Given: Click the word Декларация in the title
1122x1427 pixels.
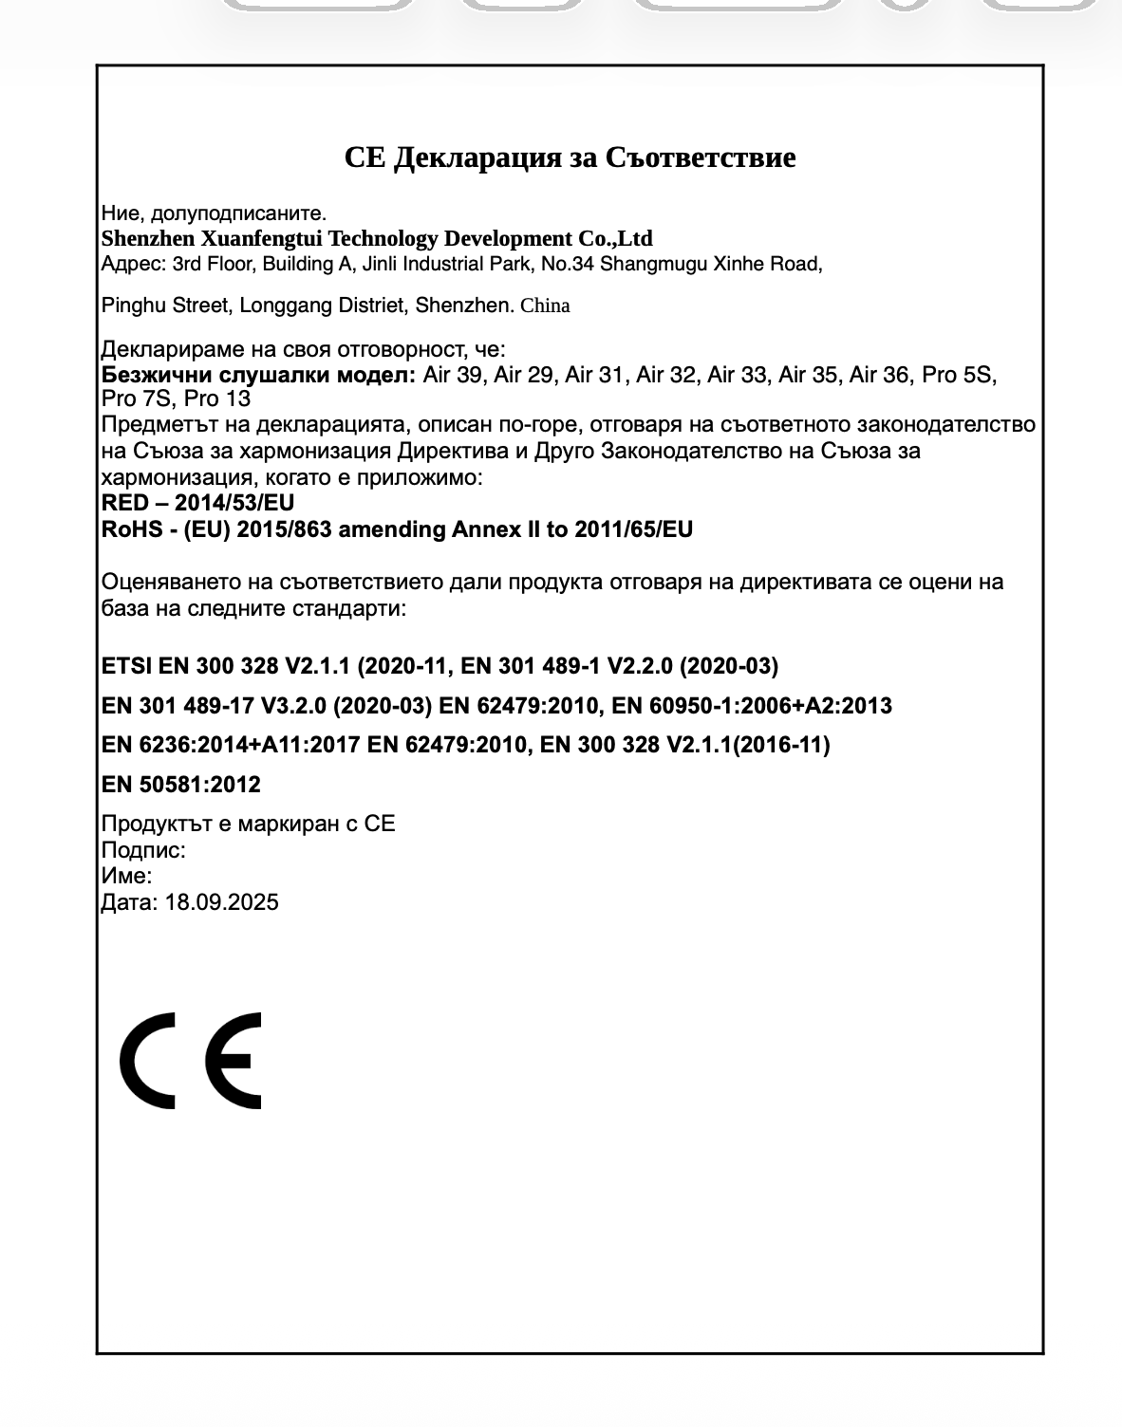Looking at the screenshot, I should (477, 157).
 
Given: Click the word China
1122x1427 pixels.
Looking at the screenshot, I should (545, 306).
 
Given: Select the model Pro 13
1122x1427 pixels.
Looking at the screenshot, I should (217, 398).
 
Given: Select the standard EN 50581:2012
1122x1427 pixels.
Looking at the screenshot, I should (180, 785).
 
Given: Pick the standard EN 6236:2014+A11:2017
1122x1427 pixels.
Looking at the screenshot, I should (231, 745).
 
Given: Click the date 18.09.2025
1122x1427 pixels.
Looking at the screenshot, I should (222, 902).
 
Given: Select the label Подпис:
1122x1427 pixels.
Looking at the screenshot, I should (143, 850).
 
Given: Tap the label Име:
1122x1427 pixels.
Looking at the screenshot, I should (126, 876).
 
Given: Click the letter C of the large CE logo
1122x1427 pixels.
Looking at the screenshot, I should (148, 1060).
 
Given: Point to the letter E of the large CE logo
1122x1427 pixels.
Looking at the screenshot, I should (234, 1060).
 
